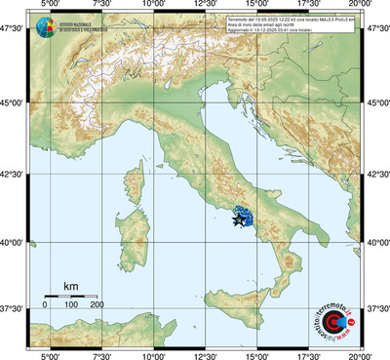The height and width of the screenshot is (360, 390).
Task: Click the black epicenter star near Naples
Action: (239, 222)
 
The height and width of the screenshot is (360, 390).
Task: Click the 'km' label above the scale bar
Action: (69, 286)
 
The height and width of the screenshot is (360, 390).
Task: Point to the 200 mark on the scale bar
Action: (97, 305)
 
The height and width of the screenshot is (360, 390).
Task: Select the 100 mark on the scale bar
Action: (70, 305)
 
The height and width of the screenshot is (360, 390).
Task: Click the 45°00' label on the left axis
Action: (12, 101)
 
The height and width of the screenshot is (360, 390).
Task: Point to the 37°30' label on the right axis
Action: (378, 308)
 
